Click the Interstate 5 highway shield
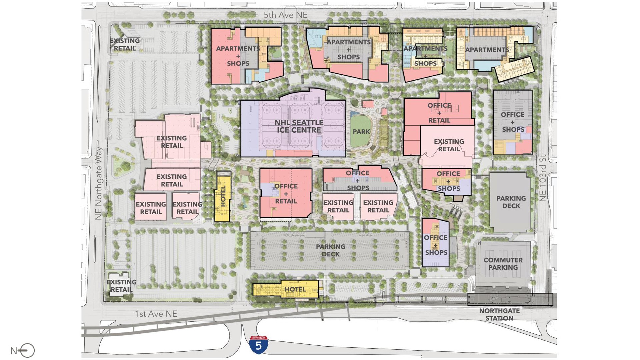coord(258,345)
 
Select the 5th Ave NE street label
coord(285,15)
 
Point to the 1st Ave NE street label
coord(156,314)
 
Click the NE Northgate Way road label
coord(98,183)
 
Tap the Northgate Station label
coord(499,314)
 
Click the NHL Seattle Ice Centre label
coord(299,126)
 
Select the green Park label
coord(361,132)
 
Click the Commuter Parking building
coord(503,264)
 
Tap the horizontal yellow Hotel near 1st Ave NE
coord(286,289)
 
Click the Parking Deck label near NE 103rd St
coord(511,202)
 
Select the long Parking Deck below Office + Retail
coord(330,250)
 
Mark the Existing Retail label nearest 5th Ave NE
coord(125,45)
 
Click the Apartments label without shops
coord(487,50)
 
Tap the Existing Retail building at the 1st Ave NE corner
coord(121,286)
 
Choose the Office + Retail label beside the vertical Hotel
coord(286,194)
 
